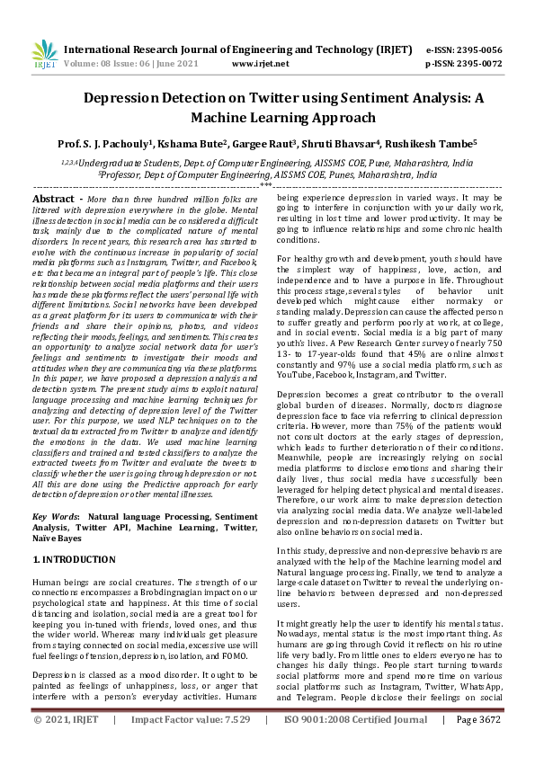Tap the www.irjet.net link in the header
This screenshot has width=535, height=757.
coord(260,64)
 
